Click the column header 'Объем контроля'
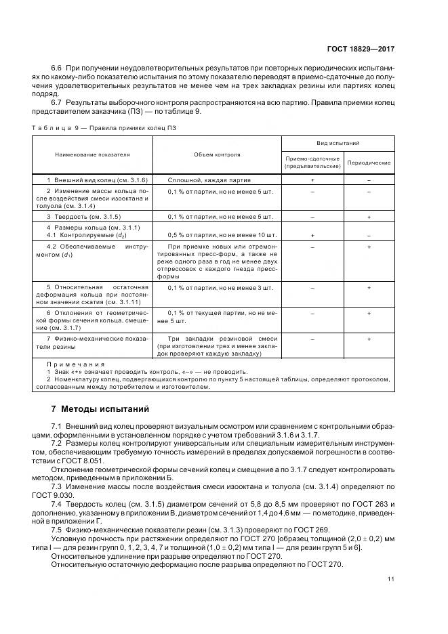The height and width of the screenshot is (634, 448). tap(217, 154)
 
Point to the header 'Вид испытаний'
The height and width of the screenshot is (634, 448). tap(338, 144)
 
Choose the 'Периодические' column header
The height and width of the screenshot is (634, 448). tap(369, 163)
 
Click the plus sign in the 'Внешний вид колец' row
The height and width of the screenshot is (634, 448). tap(312, 180)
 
